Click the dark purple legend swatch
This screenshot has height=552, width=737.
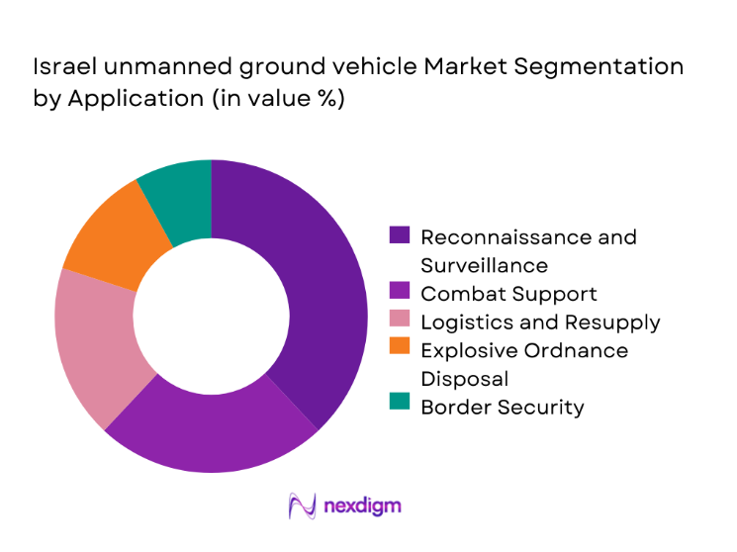point(400,237)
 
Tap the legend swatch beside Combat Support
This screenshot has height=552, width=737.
point(400,294)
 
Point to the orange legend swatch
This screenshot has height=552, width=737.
point(400,350)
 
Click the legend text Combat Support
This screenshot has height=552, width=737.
point(508,294)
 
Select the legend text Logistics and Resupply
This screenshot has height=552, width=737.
point(540,322)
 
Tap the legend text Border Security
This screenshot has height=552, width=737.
point(503,407)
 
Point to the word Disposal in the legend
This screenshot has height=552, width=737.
point(464,379)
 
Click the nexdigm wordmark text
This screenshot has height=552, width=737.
point(362,506)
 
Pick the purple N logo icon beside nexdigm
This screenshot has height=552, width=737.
point(302,506)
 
